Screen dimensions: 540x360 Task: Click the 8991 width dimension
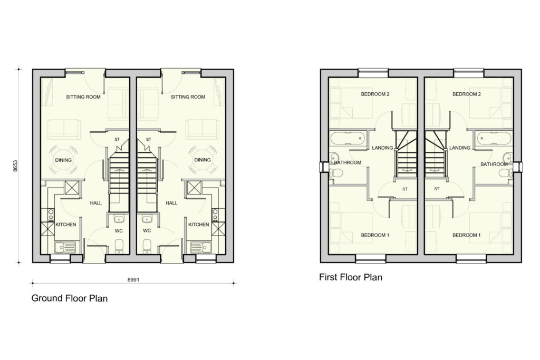click(133, 279)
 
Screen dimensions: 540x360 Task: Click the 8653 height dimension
click(15, 166)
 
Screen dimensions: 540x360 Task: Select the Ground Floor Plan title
click(70, 298)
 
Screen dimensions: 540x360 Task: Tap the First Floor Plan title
click(351, 277)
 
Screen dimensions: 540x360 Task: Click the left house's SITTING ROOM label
click(83, 97)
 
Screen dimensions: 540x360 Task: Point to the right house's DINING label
click(202, 160)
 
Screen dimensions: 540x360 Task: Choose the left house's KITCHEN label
click(66, 225)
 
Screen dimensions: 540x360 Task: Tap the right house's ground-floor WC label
click(147, 230)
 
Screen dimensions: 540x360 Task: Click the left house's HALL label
click(96, 203)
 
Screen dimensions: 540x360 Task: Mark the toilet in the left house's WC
click(119, 246)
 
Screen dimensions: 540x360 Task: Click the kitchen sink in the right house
click(201, 247)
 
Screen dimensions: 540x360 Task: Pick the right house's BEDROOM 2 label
click(467, 94)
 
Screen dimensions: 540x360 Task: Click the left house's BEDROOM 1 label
click(375, 235)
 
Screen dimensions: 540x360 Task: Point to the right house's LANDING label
click(460, 148)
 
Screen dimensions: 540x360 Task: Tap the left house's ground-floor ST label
click(117, 139)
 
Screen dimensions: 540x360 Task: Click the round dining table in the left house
click(63, 160)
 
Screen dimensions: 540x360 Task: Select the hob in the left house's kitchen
click(51, 215)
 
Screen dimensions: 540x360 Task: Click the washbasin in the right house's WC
click(147, 219)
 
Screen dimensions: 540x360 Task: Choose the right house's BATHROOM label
click(494, 164)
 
